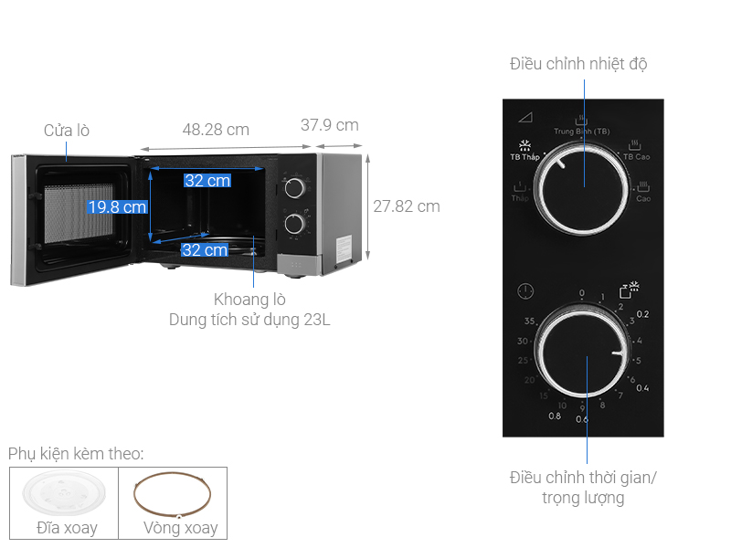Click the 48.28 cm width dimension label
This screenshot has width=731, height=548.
216,130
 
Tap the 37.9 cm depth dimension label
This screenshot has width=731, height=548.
330,125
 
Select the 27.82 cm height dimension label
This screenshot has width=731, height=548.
407,206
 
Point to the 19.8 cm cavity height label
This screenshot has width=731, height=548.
117,207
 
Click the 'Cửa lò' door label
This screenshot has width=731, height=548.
67,131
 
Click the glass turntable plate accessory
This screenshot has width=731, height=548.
65,494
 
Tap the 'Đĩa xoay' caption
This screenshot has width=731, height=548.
67,528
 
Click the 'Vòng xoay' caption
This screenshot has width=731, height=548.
181,528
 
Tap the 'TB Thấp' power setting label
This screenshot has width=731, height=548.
524,157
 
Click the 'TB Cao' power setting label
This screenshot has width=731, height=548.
636,157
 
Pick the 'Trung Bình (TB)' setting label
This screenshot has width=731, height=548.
581,132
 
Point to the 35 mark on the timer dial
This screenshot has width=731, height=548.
529,321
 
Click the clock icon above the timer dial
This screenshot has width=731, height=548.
524,292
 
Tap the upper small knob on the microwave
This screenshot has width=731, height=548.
294,189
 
